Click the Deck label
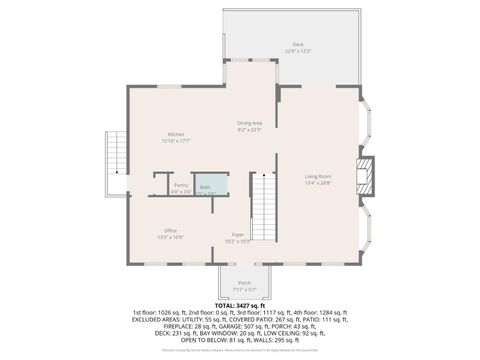pos(297,45)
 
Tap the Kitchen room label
pos(176,135)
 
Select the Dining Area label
pos(249,123)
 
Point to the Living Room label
pos(318,177)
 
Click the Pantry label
pos(181,185)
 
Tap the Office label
pos(171,231)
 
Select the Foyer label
pos(238,235)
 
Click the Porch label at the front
pos(245,283)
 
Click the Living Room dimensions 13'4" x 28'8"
pos(318,184)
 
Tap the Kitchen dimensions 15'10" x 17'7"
pos(176,141)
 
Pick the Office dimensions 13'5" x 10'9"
pos(171,237)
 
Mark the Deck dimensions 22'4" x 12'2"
pos(297,51)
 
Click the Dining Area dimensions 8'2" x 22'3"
pos(249,129)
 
